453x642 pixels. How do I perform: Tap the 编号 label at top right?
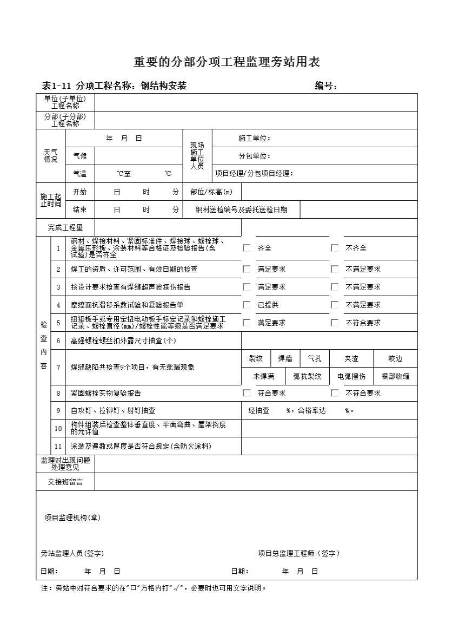tap(326, 86)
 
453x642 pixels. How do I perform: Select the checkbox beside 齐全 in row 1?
tap(247, 248)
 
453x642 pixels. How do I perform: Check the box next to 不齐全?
tap(335, 248)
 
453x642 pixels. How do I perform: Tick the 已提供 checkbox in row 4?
tap(247, 305)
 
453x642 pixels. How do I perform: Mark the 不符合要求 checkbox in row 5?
tap(335, 323)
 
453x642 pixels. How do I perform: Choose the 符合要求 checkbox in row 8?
tap(247, 393)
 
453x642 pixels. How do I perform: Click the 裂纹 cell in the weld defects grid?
tap(256, 358)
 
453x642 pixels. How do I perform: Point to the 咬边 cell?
tap(395, 358)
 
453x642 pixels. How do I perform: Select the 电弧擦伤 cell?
tap(351, 376)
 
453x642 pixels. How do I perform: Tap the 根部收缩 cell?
tap(395, 376)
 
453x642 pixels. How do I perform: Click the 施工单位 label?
tap(254, 139)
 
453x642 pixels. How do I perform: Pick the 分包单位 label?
tap(254, 156)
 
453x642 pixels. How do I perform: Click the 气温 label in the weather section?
tap(79, 174)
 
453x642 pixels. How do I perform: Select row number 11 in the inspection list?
tap(58, 446)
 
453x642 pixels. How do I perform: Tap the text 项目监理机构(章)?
tap(72, 517)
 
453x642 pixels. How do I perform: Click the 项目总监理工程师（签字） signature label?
tap(299, 553)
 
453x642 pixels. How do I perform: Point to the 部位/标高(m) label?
tap(211, 192)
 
